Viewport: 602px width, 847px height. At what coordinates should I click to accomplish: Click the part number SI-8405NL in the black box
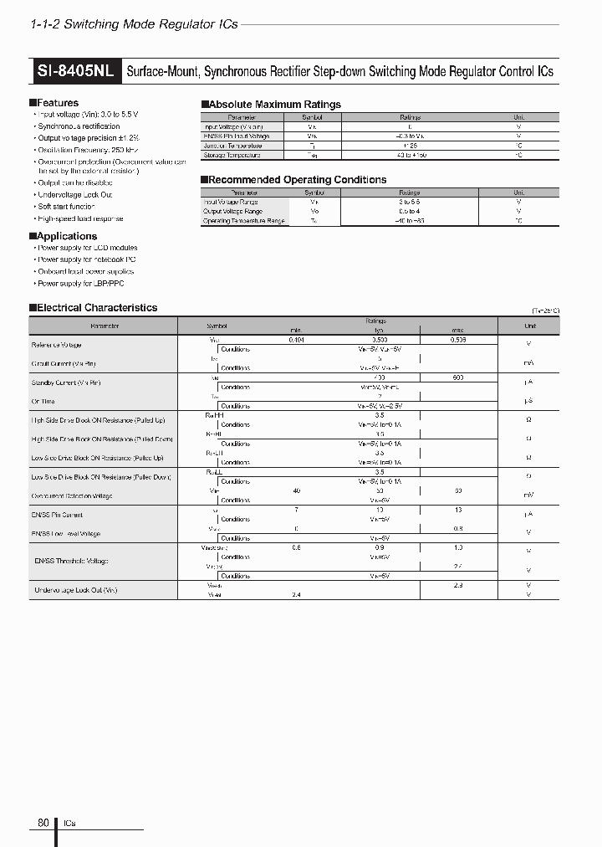(76, 71)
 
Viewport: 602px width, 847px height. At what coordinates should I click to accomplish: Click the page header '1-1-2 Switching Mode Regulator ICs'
(134, 24)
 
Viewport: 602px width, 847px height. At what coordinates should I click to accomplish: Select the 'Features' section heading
(56, 103)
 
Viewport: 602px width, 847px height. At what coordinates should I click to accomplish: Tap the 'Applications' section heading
(65, 236)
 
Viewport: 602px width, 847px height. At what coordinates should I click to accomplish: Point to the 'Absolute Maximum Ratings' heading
(273, 105)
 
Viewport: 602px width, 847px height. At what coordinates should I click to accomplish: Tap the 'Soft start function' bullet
(66, 207)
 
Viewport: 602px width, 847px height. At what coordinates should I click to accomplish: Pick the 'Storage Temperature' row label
(232, 155)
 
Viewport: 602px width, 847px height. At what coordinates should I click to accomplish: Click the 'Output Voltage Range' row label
(232, 212)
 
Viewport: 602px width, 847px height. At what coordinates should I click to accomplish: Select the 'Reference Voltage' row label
(56, 345)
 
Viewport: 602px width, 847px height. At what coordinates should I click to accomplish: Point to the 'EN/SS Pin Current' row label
(57, 515)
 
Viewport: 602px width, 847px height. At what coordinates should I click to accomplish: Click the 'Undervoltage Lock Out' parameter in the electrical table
(74, 590)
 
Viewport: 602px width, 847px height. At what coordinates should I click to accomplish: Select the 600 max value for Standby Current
(457, 378)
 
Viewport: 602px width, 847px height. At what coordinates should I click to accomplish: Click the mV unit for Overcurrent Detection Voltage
(528, 495)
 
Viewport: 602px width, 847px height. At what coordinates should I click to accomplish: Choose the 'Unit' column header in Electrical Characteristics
(529, 326)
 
